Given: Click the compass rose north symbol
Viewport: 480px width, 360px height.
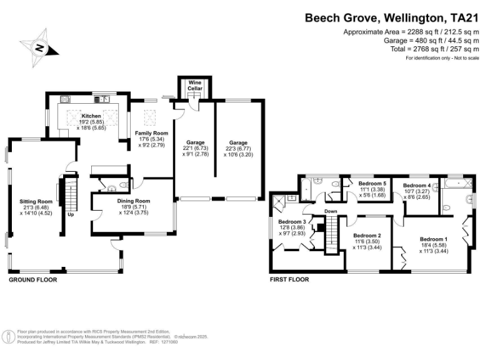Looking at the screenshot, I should [x=40, y=47].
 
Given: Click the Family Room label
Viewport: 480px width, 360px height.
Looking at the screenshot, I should [x=152, y=134].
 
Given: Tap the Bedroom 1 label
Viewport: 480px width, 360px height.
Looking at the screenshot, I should [x=433, y=239].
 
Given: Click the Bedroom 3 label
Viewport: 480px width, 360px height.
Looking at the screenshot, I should [x=292, y=222].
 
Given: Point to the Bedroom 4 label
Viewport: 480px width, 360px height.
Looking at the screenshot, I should [x=417, y=186].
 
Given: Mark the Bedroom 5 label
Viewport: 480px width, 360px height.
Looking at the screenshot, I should [x=372, y=183].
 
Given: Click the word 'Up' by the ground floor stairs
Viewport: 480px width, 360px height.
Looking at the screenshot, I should [x=70, y=215].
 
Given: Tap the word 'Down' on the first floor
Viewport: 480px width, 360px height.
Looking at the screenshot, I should [x=331, y=211].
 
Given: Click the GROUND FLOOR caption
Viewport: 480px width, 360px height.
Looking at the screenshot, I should [x=32, y=280].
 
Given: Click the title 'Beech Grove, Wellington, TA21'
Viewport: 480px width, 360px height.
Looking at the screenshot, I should [x=391, y=18].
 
